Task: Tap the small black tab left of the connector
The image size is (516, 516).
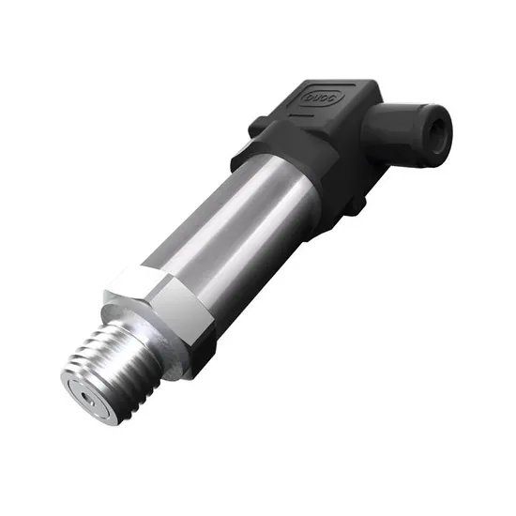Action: coord(254,126)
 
